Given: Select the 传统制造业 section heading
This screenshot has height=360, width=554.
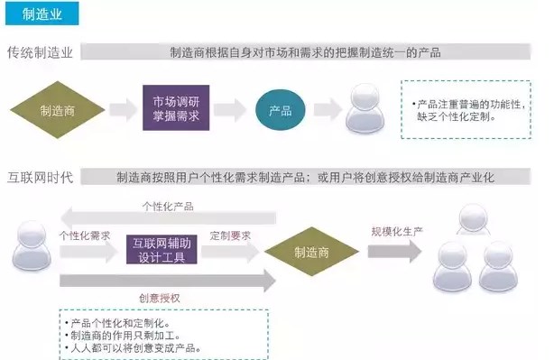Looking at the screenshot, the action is coord(44,52).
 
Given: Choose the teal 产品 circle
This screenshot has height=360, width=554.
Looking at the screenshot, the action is coord(281,111).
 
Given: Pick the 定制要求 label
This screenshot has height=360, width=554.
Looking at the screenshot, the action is coord(229,235).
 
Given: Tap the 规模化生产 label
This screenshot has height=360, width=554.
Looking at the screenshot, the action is coord(396,232).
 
